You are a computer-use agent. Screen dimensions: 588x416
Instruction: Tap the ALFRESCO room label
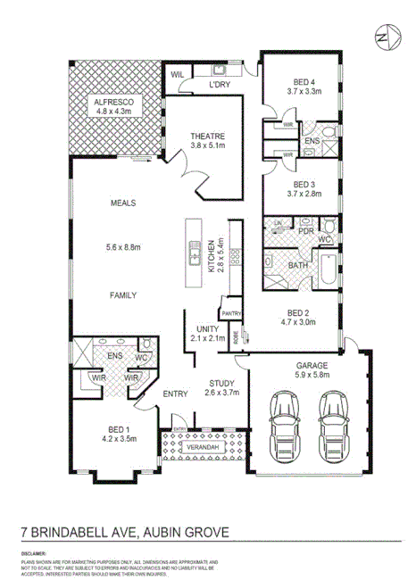(x=113, y=104)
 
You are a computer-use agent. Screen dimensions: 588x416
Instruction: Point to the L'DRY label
(x=220, y=85)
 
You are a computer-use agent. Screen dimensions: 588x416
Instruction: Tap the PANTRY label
(x=232, y=313)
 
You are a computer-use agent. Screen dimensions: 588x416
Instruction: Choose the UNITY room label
(x=205, y=328)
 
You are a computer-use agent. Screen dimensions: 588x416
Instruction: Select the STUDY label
(x=221, y=382)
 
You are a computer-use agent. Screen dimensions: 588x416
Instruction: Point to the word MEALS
(x=123, y=203)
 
